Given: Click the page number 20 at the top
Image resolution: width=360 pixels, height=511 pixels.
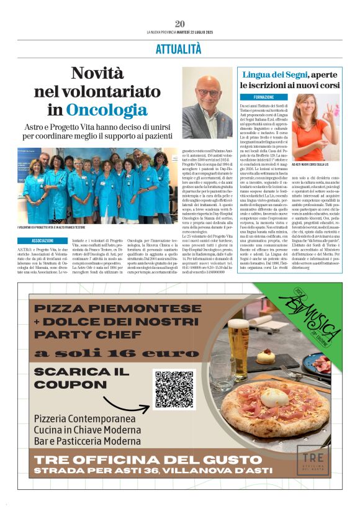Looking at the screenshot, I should [x=180, y=24].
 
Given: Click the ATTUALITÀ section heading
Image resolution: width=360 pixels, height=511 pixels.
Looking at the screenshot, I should [x=179, y=48].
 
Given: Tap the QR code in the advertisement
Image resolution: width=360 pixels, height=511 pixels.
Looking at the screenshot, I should [x=174, y=391].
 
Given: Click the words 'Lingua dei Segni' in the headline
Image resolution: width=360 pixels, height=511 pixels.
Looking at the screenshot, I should [x=273, y=75].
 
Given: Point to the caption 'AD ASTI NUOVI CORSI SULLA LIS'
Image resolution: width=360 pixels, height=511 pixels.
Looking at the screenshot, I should [x=312, y=163].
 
